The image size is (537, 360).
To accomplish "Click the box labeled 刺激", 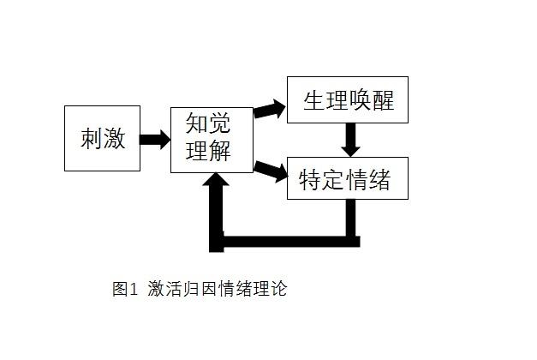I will coord(102,137).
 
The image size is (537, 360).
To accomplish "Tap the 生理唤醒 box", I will coord(347,99).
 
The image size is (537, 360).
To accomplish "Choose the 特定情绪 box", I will coord(347,178).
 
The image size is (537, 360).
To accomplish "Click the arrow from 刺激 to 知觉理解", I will coord(155,138).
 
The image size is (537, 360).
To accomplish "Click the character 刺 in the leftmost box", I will coord(92,138).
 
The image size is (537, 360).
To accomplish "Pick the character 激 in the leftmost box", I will coord(114,138).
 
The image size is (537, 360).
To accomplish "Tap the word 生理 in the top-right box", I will coord(325,100).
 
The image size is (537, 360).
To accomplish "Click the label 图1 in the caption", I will coord(125,289).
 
